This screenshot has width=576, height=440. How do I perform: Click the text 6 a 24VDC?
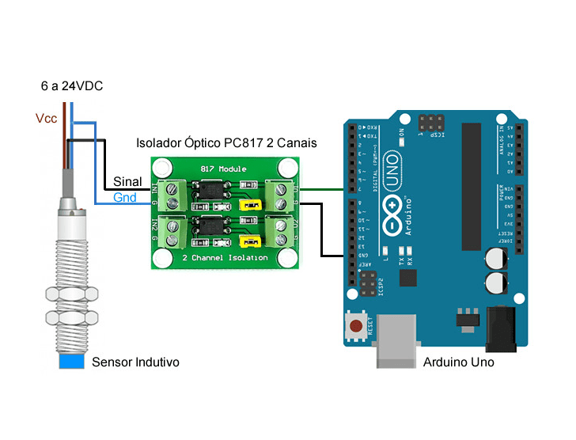click(72, 85)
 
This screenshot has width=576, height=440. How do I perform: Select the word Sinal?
click(128, 182)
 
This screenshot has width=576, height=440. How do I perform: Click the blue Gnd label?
click(125, 197)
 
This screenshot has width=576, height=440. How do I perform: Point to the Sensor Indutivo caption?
click(135, 362)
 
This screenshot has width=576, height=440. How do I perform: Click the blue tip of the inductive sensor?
click(71, 362)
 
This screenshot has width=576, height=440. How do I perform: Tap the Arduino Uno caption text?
click(459, 362)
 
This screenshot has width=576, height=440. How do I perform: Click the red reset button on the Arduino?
click(357, 325)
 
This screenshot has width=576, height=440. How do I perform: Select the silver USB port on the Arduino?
click(396, 341)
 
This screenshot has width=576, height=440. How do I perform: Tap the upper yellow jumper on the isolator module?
click(251, 206)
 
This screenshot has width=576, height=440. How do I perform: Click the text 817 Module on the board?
click(225, 169)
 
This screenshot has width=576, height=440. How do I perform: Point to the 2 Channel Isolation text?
click(225, 258)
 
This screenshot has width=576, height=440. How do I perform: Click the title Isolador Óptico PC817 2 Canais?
click(227, 143)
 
